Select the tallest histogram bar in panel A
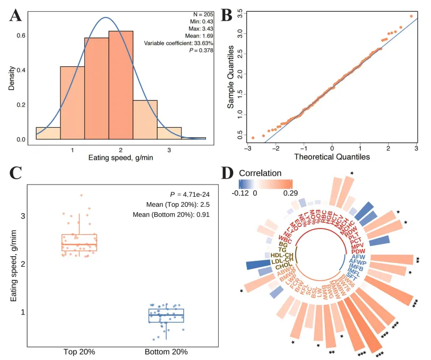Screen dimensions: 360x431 click(120, 85)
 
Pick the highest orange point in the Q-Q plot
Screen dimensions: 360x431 click(411, 16)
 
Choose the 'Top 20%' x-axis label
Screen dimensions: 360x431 click(79, 351)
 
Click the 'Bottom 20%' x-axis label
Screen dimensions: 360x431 click(166, 351)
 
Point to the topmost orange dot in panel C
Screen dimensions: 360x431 click(81, 196)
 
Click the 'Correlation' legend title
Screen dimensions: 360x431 click(260, 173)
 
